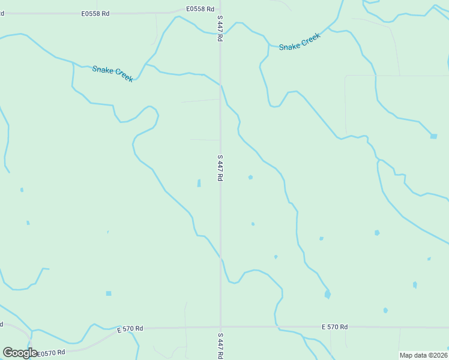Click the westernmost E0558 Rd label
click(96, 13)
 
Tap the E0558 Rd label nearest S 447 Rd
click(200, 9)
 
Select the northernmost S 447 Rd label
click(220, 28)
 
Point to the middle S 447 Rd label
click(220, 168)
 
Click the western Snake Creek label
click(112, 74)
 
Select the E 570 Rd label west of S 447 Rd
click(130, 329)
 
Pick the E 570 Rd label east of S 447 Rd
click(334, 327)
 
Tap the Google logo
click(20, 353)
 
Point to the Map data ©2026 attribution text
click(423, 355)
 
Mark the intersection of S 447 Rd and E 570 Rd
click(220, 328)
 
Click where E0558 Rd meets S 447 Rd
click(220, 9)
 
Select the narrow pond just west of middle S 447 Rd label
click(199, 183)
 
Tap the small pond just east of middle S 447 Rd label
click(250, 177)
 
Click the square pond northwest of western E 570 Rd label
click(109, 293)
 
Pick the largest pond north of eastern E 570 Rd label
click(327, 294)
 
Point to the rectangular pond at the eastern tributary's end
click(433, 136)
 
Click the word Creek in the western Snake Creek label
click(122, 77)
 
